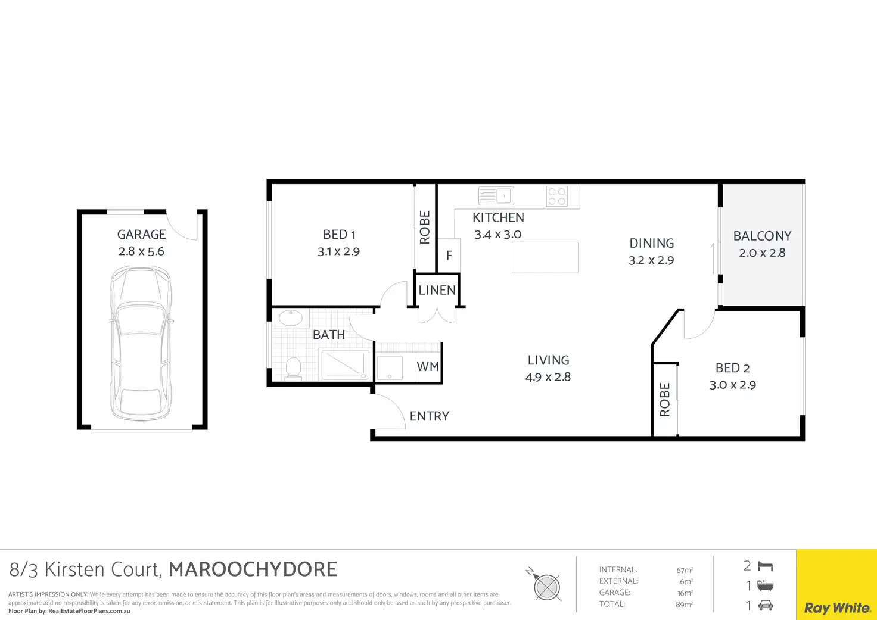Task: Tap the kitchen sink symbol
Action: tap(496, 196)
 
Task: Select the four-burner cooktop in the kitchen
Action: tap(557, 196)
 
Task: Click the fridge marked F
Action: tap(449, 256)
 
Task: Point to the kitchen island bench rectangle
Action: tap(545, 257)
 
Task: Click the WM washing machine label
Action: tap(428, 367)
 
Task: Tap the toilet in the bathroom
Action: tap(293, 368)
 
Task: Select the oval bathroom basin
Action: tap(291, 318)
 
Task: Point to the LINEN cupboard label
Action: tap(437, 290)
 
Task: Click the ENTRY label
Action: tap(430, 416)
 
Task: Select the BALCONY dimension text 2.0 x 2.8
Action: tap(762, 253)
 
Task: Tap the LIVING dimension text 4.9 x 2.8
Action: tap(548, 377)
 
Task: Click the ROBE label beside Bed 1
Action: tap(425, 228)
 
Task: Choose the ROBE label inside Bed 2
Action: tap(665, 399)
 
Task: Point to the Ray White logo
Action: tap(837, 608)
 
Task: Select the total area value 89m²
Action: tap(685, 605)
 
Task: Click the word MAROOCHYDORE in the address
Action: tap(253, 569)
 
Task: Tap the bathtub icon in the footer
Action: tap(765, 585)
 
